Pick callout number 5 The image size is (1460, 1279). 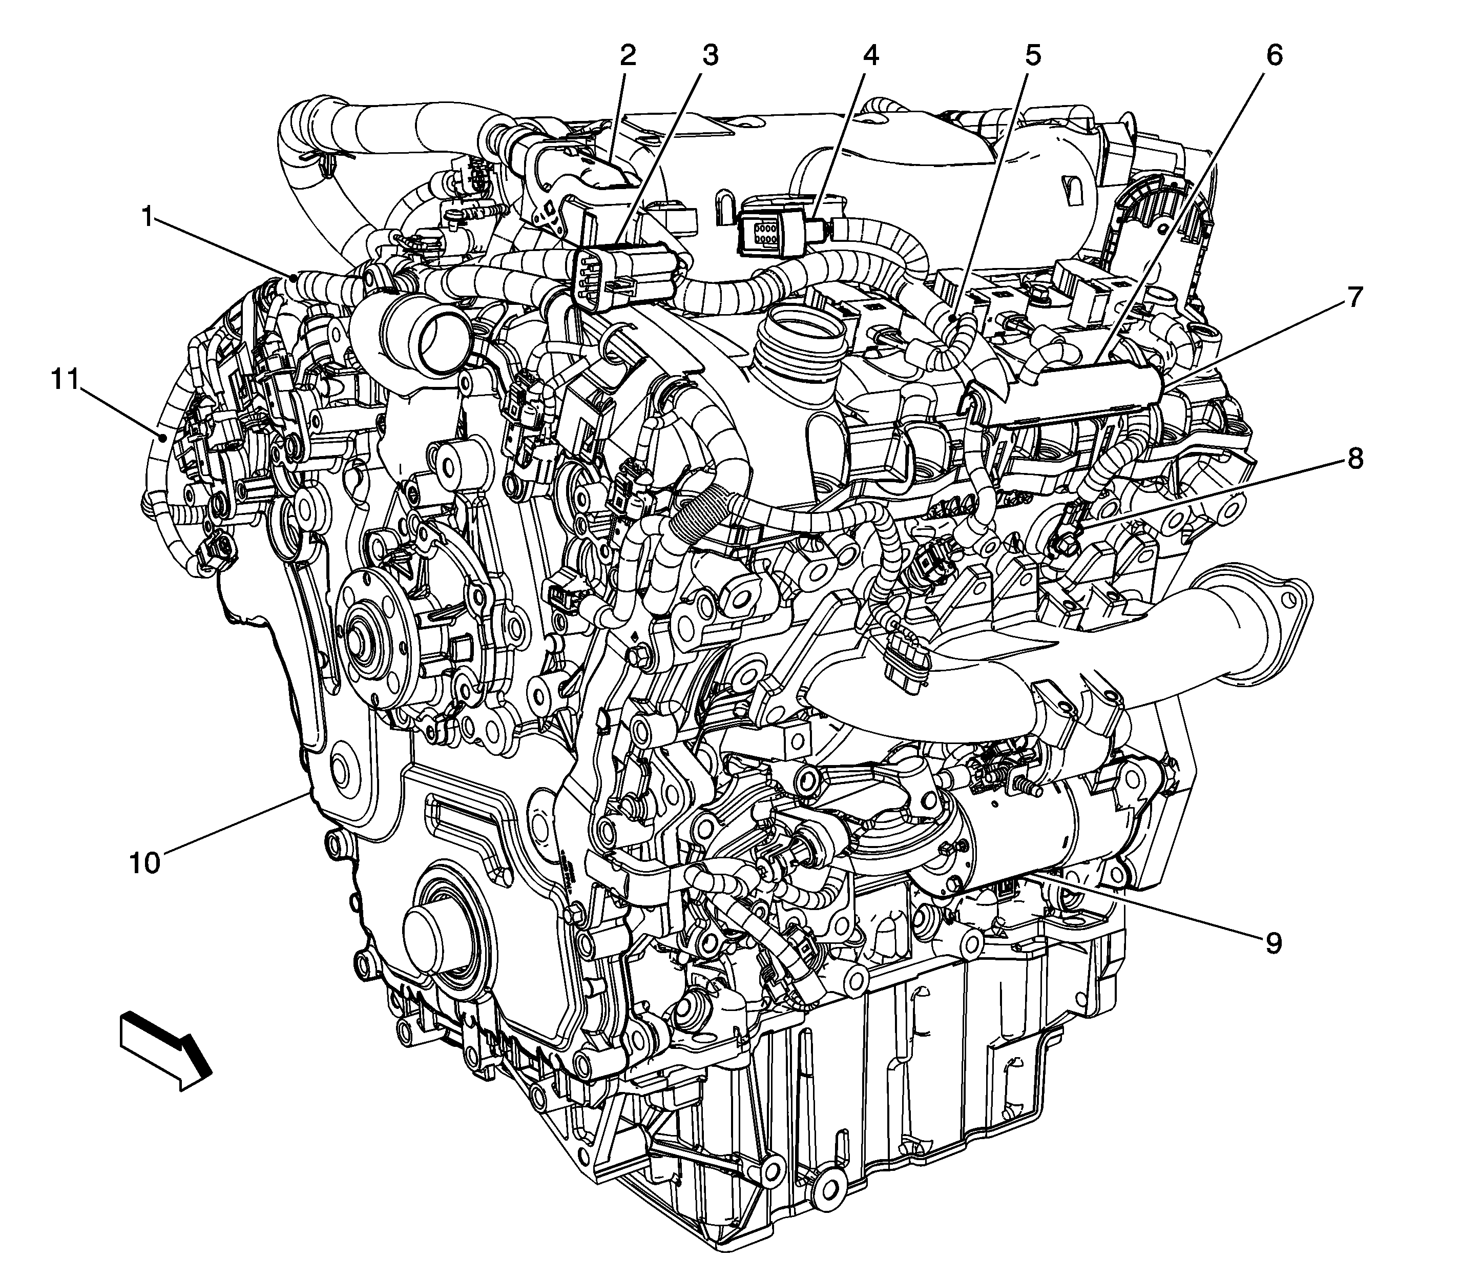1033,55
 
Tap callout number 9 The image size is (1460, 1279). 1273,943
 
